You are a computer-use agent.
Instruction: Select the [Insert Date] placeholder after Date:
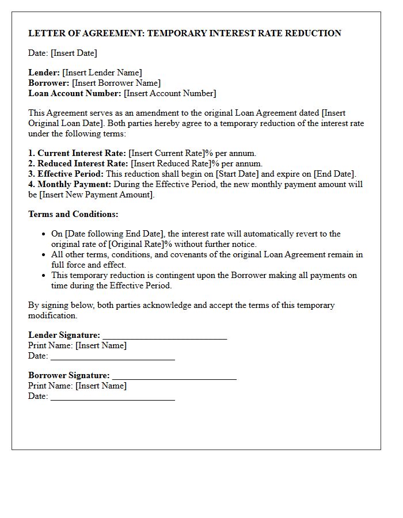74,53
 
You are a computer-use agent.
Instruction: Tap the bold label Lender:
44,73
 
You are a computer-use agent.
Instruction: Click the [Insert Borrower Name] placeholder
116,83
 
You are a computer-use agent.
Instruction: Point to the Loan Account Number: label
75,93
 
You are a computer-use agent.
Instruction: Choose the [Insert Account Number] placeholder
170,93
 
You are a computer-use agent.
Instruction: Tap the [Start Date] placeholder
237,174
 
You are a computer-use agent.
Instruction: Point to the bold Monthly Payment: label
74,184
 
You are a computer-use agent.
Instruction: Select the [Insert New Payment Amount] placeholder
97,195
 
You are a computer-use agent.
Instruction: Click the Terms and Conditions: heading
73,214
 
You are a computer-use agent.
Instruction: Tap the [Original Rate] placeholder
136,244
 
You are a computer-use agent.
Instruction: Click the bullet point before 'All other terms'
44,255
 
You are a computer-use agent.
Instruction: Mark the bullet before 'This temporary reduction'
44,276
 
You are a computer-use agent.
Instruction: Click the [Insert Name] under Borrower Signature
101,386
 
